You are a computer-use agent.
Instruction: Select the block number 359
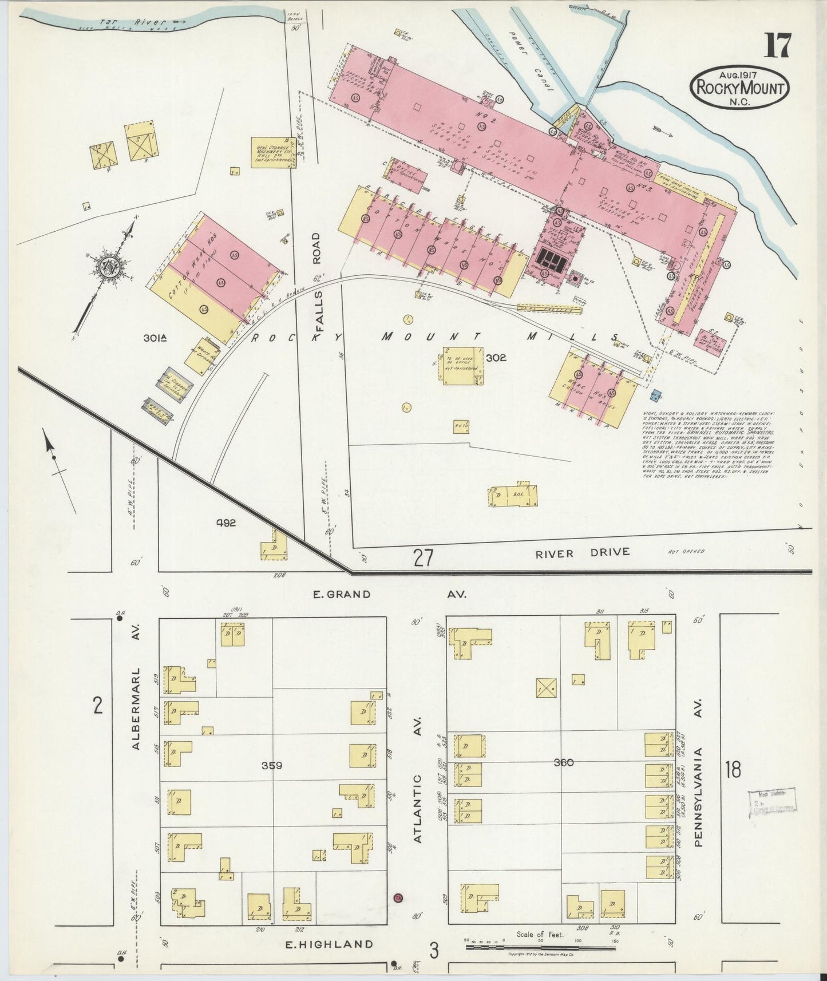tap(272, 765)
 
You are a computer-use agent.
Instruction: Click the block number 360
tap(564, 762)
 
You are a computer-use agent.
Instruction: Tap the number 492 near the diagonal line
tap(226, 523)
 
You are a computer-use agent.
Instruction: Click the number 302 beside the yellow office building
tap(496, 358)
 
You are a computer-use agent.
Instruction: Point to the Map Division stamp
tap(773, 801)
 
